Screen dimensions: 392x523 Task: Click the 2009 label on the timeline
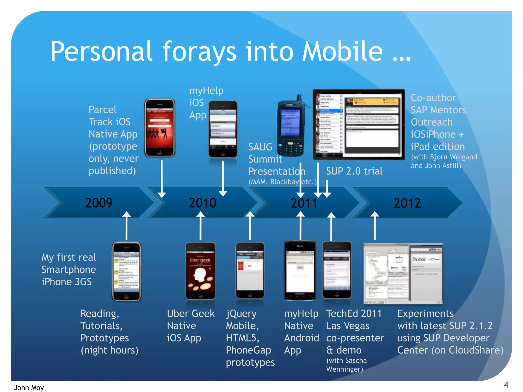point(99,203)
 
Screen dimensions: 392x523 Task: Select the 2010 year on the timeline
point(203,203)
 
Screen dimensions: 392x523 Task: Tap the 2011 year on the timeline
point(304,203)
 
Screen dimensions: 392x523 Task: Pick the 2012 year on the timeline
point(407,203)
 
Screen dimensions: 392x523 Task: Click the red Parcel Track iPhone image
point(160,127)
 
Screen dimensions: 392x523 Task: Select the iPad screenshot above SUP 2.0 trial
point(359,125)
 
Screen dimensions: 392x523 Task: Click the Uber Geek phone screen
point(200,271)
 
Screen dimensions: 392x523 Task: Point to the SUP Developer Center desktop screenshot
point(403,274)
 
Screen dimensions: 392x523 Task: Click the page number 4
point(506,384)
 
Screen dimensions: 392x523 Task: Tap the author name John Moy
point(29,387)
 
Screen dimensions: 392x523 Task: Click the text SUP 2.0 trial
point(354,171)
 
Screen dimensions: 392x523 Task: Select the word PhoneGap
point(248,350)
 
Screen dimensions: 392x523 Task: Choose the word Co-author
point(433,98)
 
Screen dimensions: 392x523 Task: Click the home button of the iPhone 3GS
point(126,296)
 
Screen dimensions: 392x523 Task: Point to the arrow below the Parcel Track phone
point(162,179)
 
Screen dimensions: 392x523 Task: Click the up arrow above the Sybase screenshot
point(375,226)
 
